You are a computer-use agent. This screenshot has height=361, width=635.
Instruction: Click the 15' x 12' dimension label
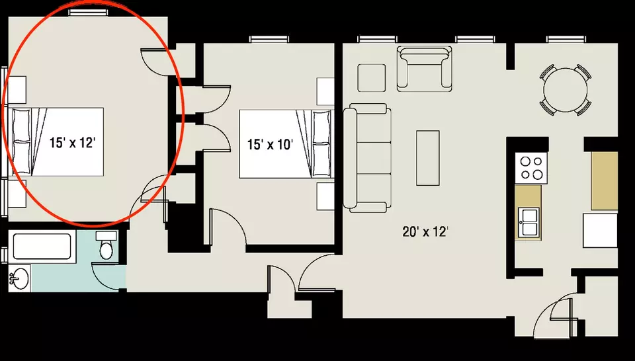click(73, 142)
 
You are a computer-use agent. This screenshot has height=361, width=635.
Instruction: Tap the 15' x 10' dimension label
click(270, 144)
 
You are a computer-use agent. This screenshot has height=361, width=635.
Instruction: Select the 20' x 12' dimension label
click(425, 232)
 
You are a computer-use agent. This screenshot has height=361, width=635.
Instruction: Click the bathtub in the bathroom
click(42, 247)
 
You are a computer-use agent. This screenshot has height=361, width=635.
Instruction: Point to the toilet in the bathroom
click(106, 245)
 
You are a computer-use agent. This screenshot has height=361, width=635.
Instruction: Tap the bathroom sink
click(19, 278)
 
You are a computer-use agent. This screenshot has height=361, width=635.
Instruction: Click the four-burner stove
click(531, 167)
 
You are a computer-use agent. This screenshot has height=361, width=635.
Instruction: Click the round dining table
click(566, 90)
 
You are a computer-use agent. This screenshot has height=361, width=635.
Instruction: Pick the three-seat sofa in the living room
click(367, 158)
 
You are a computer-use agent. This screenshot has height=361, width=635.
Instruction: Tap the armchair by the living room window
click(424, 68)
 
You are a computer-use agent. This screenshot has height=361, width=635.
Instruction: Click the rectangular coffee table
click(428, 158)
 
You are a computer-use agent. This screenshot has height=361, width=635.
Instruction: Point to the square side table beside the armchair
click(371, 78)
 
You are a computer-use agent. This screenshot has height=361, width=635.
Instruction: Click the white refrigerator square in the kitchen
click(600, 230)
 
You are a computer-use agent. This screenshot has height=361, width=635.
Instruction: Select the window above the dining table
click(566, 39)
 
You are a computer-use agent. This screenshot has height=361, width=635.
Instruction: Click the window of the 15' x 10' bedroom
click(269, 39)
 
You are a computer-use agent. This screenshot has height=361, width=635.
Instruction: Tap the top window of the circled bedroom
click(88, 13)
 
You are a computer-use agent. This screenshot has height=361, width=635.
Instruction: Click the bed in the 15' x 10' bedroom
click(285, 143)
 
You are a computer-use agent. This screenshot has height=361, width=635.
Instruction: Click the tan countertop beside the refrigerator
click(604, 181)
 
